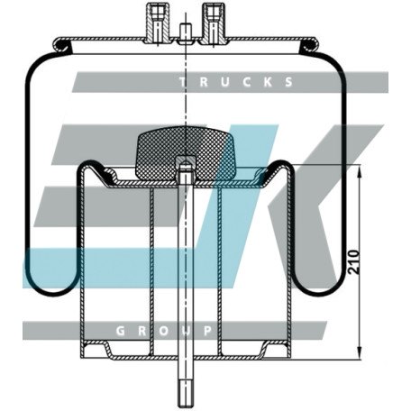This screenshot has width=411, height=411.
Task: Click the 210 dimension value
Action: pos(354,261)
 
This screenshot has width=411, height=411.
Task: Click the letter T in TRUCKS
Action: pos(183,82)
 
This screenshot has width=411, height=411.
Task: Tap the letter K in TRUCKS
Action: pos(268,82)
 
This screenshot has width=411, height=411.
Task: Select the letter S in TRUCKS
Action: pos(288,82)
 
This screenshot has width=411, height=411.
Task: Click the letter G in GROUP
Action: pos(120,331)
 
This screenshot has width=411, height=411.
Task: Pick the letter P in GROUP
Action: pos(207,331)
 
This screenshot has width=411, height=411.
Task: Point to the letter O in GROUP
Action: pos(164,331)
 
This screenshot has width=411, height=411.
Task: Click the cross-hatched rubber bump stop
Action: pos(186,153)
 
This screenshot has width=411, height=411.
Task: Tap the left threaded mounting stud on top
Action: pos(157,24)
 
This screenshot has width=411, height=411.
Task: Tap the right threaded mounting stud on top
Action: pos(214,24)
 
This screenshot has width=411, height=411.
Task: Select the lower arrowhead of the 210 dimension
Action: pos(359,352)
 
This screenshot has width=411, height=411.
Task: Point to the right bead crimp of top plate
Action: pos(308,45)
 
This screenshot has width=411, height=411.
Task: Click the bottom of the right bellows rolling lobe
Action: pos(319,294)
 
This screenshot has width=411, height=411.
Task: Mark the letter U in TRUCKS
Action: pos(225,82)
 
